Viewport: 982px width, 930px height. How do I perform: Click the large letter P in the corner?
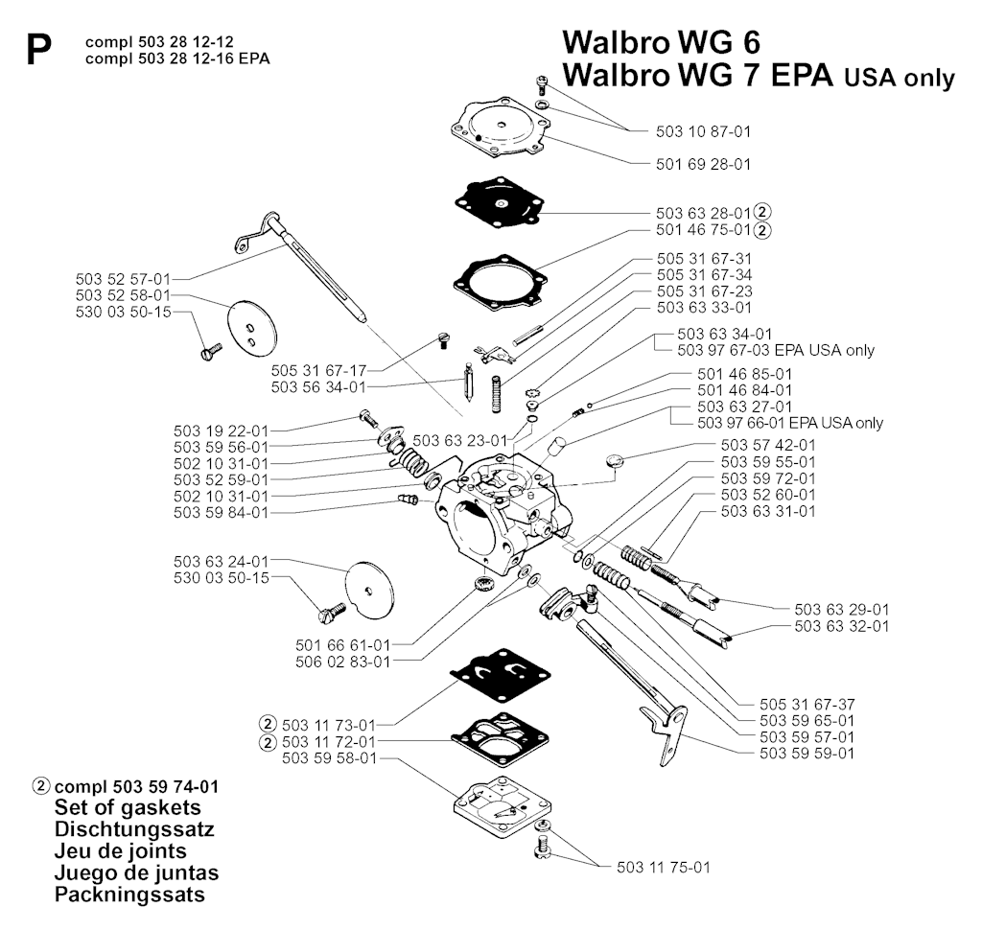39,51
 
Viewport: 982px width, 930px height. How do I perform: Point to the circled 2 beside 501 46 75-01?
762,230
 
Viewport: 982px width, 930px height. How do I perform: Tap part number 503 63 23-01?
460,440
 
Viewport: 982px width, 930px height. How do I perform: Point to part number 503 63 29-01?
842,609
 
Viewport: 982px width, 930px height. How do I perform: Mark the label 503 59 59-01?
807,753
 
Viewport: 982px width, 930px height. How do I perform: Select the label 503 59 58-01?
329,758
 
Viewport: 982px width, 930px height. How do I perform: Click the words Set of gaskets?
128,806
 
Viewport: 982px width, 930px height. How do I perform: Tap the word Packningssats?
129,895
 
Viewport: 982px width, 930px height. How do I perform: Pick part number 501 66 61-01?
343,644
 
